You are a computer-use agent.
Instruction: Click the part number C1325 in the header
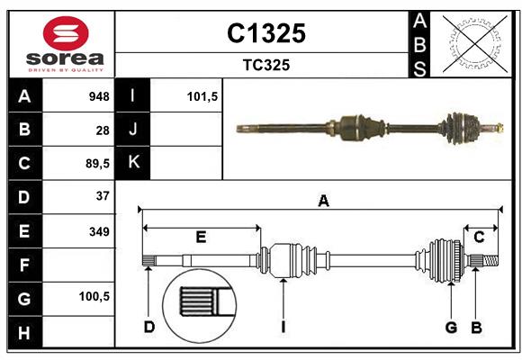(265, 33)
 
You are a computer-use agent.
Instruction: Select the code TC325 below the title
(265, 65)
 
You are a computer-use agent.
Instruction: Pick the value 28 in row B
(103, 130)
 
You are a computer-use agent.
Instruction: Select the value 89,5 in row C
(96, 163)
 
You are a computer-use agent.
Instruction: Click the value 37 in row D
(103, 196)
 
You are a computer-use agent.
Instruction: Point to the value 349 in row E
(99, 231)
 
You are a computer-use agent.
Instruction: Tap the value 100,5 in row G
(95, 296)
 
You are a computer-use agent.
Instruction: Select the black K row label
(133, 163)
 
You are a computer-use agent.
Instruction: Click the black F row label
(23, 265)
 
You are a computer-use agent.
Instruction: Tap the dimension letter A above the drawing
(323, 202)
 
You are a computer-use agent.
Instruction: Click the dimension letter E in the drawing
(201, 238)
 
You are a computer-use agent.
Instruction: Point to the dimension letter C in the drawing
(480, 238)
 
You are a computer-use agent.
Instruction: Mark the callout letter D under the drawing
(149, 327)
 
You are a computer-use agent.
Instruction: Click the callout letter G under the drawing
(451, 327)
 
